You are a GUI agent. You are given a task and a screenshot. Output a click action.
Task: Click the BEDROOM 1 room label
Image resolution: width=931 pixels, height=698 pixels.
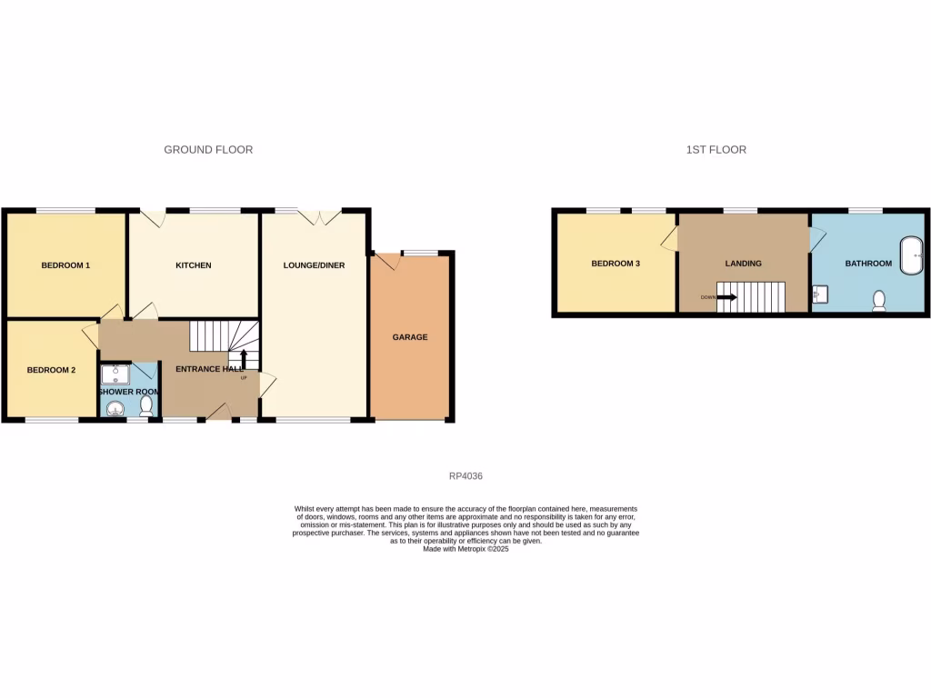coord(66,265)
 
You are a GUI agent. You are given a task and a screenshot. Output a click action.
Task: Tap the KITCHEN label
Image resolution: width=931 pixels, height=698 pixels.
coord(194,265)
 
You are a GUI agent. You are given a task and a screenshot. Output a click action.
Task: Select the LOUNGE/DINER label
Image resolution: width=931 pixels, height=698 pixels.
coord(314,265)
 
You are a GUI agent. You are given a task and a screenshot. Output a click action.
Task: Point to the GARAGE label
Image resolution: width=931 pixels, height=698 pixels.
coord(410,337)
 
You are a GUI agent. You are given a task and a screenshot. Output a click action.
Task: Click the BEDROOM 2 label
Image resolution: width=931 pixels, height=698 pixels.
coord(50,370)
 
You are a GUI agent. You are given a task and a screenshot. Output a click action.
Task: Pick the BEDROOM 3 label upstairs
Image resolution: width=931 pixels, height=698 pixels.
coord(616,264)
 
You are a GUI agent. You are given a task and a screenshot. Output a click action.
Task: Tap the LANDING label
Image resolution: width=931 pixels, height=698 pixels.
coord(743,264)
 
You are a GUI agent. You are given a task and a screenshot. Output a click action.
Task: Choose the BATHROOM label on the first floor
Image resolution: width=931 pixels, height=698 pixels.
coord(868,264)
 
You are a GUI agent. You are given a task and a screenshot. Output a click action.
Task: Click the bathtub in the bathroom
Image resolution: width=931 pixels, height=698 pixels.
coord(909,256)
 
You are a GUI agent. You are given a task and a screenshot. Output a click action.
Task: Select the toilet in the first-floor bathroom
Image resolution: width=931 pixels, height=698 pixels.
coord(879,301)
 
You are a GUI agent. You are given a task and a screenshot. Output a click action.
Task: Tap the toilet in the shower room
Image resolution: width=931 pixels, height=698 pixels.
coord(146,405)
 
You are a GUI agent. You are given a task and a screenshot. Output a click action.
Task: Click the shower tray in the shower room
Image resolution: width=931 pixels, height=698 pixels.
coord(115,374)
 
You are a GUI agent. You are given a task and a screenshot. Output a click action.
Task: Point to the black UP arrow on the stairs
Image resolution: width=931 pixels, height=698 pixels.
coord(243,359)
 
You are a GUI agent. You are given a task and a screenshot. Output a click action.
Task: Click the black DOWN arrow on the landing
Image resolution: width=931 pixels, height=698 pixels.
coord(726,296)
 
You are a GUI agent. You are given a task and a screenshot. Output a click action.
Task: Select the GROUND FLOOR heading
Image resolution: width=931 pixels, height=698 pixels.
coord(208,149)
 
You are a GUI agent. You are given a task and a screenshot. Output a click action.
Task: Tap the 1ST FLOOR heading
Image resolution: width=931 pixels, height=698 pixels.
coord(716,149)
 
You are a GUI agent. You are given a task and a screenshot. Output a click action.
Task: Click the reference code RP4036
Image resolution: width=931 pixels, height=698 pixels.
coord(465,475)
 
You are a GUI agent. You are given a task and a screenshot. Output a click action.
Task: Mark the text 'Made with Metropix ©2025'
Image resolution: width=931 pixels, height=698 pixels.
coord(465,549)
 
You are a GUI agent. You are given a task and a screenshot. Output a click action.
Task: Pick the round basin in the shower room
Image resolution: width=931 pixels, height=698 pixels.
coord(115,408)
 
